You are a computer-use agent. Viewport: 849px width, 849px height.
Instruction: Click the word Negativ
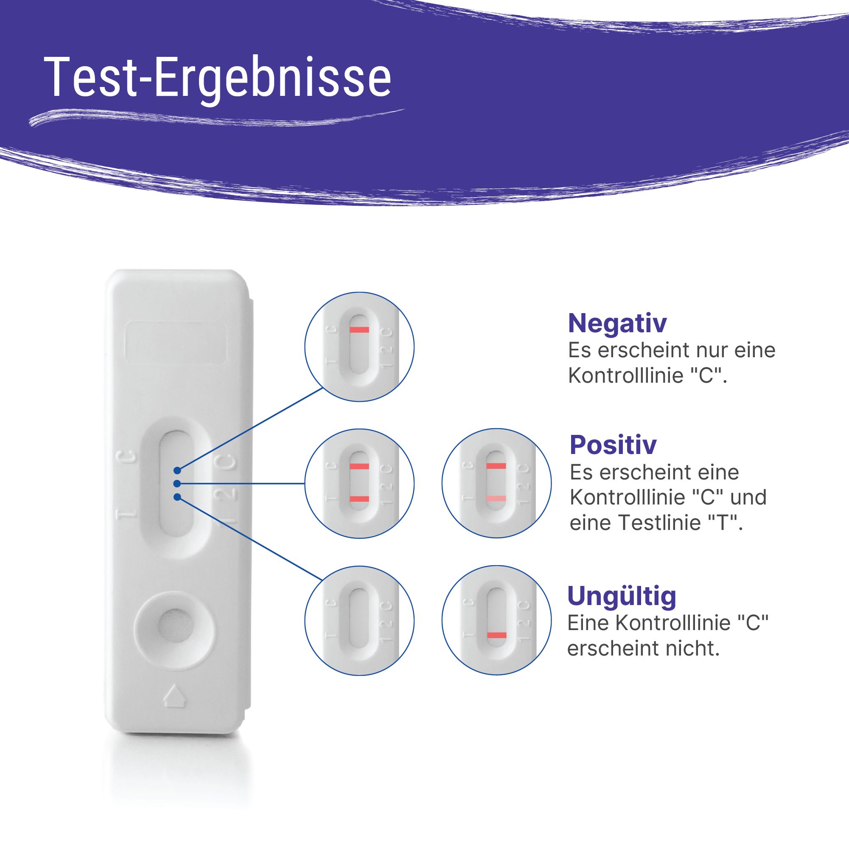(617, 323)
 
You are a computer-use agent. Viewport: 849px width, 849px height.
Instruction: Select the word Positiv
(613, 445)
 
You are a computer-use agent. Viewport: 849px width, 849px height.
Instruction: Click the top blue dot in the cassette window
(177, 471)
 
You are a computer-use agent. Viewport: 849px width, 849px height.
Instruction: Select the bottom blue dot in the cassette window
(177, 497)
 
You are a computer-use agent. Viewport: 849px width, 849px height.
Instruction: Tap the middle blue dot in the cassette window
(177, 484)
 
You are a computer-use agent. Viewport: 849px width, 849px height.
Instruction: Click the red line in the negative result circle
(359, 330)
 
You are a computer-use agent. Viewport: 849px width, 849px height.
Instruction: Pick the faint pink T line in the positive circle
(496, 498)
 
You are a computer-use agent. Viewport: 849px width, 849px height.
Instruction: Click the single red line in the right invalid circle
(496, 635)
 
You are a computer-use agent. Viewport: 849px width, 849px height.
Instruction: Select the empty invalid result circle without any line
(359, 620)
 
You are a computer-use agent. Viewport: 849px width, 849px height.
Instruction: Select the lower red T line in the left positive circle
(359, 498)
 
